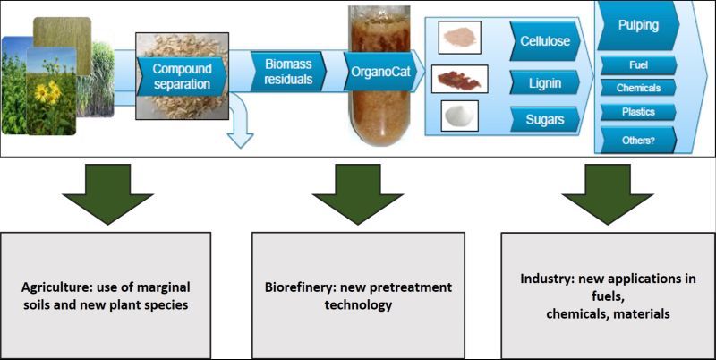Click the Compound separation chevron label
pyautogui.click(x=182, y=76)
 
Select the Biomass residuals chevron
pyautogui.click(x=288, y=72)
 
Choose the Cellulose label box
pyautogui.click(x=545, y=40)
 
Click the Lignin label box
pyautogui.click(x=545, y=82)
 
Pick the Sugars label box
pyautogui.click(x=545, y=120)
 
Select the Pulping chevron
pyautogui.click(x=638, y=26)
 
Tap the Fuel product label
pyautogui.click(x=638, y=65)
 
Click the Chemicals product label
pyautogui.click(x=638, y=88)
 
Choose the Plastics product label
pyautogui.click(x=638, y=112)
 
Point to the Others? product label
pyautogui.click(x=638, y=140)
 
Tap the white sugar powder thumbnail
pyautogui.click(x=460, y=116)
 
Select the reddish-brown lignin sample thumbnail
pyautogui.click(x=459, y=79)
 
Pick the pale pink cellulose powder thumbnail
pyautogui.click(x=459, y=38)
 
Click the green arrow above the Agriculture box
pyautogui.click(x=107, y=193)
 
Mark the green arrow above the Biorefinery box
pyautogui.click(x=357, y=193)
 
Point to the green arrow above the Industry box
pyautogui.click(x=608, y=193)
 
